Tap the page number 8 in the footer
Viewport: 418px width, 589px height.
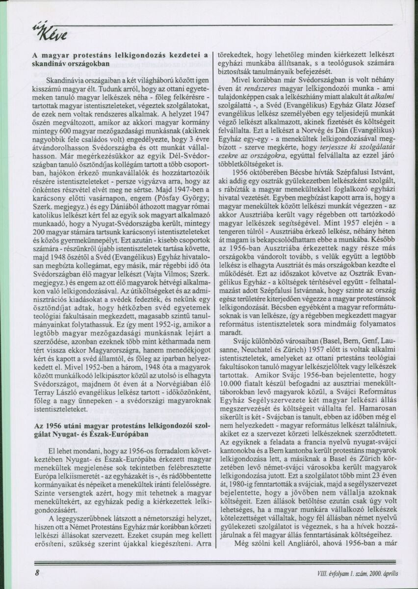point(37,572)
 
